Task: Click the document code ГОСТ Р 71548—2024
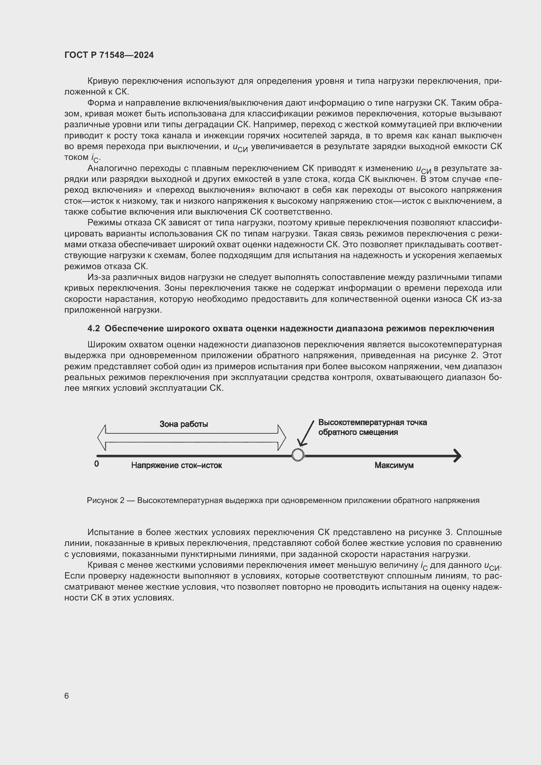coord(109,55)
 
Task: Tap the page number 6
coord(67,696)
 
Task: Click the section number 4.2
coord(93,328)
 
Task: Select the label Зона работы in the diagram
coord(183,424)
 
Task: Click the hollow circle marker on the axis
coord(298,455)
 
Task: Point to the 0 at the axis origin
coord(96,464)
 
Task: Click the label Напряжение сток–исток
coord(176,465)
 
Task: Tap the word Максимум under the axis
coord(394,465)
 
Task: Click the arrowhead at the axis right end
coord(458,456)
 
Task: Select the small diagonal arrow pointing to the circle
coord(306,433)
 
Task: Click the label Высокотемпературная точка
coord(373,423)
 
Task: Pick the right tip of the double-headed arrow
coord(285,438)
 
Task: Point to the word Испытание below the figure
coord(108,532)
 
